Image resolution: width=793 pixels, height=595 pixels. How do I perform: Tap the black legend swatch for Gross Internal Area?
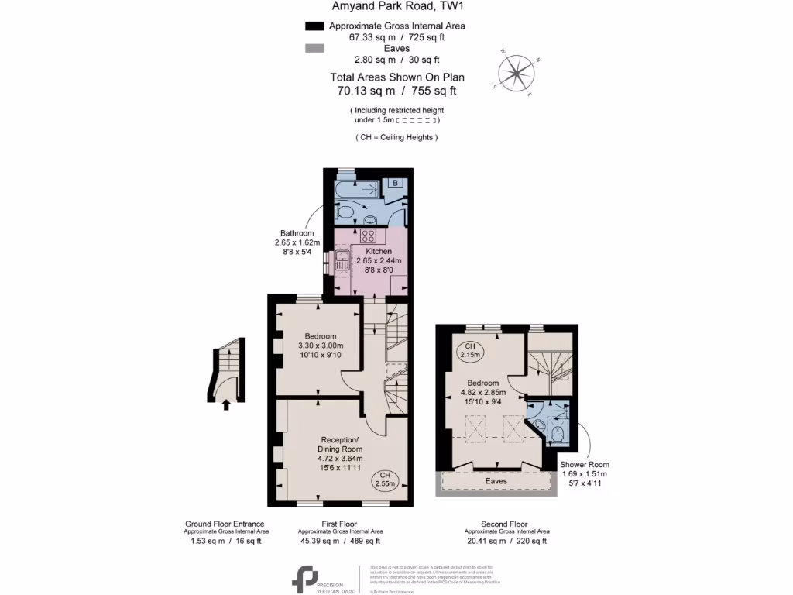tap(314, 26)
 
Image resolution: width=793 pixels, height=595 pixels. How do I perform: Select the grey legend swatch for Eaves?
tap(314, 48)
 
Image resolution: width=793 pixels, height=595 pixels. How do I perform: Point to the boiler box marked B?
tap(395, 184)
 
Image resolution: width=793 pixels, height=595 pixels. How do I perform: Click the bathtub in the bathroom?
tap(355, 189)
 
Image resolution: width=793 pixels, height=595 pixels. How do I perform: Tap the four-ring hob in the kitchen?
tap(369, 236)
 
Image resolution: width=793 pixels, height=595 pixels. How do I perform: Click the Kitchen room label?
tap(379, 252)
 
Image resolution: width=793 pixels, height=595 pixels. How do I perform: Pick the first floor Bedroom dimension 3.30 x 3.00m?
tap(320, 346)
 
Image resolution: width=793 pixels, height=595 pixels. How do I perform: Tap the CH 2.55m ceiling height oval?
tap(385, 480)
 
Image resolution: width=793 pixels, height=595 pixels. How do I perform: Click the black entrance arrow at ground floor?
tap(226, 403)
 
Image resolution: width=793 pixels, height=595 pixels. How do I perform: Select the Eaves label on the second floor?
tap(496, 481)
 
